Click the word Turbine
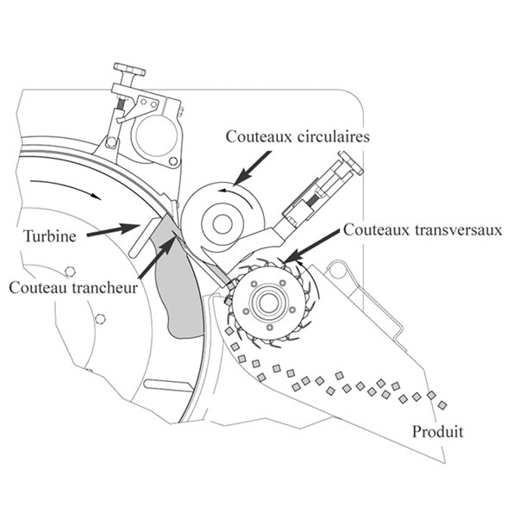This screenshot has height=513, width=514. click(x=50, y=236)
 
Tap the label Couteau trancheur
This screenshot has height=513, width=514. click(x=73, y=288)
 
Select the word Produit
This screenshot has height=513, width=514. click(x=437, y=431)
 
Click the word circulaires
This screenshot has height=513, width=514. click(x=334, y=136)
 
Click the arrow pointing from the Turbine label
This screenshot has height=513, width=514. click(x=114, y=229)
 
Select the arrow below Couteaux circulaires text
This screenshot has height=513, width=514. click(x=253, y=167)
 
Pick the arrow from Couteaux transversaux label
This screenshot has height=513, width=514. click(x=311, y=246)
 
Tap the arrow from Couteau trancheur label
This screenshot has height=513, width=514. click(x=157, y=257)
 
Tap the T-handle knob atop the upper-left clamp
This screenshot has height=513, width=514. click(x=129, y=70)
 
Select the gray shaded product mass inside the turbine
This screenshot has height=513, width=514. click(x=178, y=278)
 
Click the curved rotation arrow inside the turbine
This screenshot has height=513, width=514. click(x=66, y=186)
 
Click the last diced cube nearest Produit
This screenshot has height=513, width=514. click(x=442, y=405)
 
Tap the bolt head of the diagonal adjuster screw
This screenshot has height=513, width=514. click(x=351, y=163)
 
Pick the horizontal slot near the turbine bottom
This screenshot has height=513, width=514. click(x=167, y=385)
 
